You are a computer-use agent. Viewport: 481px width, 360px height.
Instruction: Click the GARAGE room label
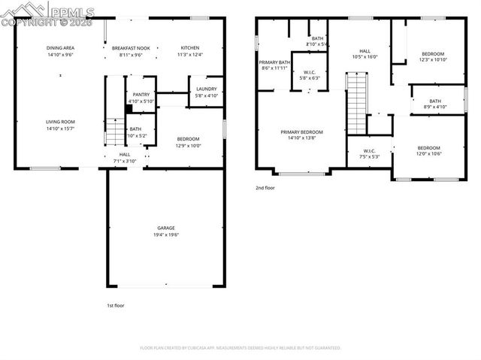[166, 228]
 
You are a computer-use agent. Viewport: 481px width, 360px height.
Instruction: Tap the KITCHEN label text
[189, 48]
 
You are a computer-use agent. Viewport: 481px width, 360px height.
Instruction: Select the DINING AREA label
[60, 47]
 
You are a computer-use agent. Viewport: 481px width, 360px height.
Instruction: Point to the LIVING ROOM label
[60, 122]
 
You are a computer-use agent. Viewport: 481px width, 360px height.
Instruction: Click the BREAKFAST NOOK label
[132, 48]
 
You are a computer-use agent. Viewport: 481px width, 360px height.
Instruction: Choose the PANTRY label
[141, 95]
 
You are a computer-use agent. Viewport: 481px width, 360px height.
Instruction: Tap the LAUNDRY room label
[206, 89]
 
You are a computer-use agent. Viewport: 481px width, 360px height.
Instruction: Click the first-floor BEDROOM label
[188, 139]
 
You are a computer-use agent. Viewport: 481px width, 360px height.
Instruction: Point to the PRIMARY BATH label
[274, 62]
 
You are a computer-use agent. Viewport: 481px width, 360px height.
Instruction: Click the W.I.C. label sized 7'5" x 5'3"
[369, 150]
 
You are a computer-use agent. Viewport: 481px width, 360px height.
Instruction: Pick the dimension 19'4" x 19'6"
[166, 234]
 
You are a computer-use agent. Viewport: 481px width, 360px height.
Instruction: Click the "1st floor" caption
[116, 305]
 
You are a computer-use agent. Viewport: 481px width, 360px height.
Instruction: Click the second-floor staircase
[356, 101]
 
